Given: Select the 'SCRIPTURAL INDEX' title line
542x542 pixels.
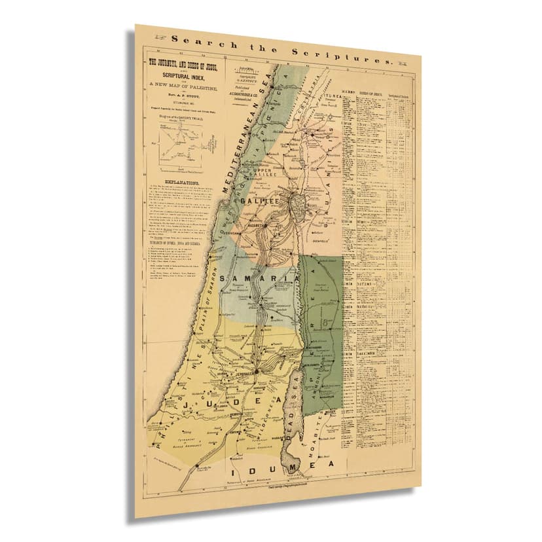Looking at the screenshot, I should pyautogui.click(x=184, y=77).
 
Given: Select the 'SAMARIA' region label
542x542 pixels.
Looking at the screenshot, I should pyautogui.click(x=259, y=280).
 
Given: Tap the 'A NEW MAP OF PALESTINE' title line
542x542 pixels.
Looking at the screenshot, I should pyautogui.click(x=185, y=88).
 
